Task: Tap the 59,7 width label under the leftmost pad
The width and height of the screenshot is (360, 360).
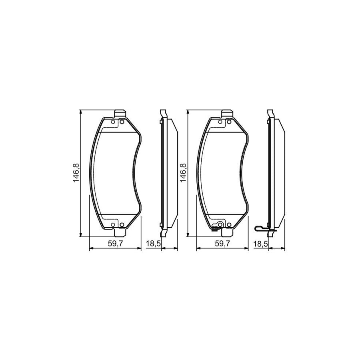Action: pos(115,243)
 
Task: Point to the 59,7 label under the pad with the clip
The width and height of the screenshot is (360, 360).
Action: pos(223,243)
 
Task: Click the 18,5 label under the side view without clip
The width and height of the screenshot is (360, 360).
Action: pos(152,243)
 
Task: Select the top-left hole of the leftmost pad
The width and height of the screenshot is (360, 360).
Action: pos(113,122)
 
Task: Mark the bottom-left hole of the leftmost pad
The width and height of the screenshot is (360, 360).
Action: pos(113,224)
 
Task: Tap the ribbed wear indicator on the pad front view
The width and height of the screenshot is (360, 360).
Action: pos(215,229)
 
